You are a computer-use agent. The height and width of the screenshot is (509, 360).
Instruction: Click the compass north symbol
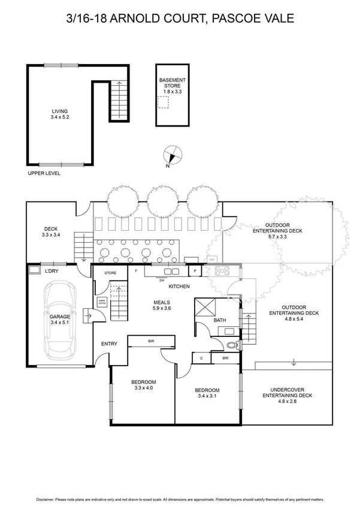172,155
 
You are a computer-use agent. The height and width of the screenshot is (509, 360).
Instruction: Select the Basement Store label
172,86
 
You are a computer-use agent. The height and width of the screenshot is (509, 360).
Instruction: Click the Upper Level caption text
44,173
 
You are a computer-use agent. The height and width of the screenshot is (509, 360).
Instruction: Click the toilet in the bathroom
233,345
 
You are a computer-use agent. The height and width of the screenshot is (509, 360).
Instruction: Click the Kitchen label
179,287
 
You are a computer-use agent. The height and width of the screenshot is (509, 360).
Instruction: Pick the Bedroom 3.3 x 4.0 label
143,385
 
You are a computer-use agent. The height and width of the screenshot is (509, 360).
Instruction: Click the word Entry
109,344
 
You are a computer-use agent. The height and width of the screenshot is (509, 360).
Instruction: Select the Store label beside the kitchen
110,273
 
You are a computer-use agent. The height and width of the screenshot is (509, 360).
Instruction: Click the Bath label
220,321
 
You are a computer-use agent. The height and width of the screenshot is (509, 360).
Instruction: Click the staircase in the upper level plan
118,101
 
